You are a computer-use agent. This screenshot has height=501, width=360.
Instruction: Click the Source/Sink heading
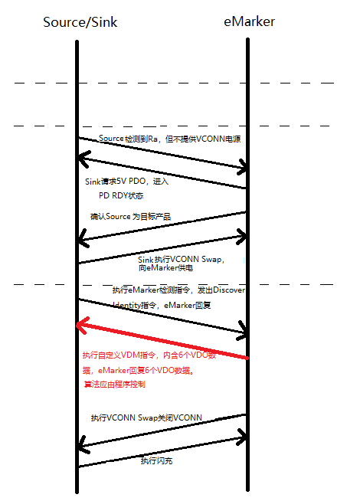(80, 22)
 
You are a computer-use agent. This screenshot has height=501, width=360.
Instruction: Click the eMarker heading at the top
(249, 21)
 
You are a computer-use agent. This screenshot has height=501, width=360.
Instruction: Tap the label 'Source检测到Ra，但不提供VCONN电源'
(169, 139)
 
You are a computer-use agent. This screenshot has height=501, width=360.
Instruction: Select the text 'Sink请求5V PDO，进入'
(126, 182)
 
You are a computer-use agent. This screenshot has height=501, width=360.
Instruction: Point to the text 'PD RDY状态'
(121, 195)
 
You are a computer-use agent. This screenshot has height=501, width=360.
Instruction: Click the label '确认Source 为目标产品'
(130, 217)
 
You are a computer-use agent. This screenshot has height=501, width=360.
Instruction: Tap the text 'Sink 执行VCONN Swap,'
(181, 259)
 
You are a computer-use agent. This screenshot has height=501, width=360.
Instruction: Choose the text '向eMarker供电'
(165, 268)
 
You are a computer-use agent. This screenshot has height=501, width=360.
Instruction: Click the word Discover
(229, 290)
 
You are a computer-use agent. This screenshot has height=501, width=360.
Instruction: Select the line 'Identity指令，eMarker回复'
(162, 305)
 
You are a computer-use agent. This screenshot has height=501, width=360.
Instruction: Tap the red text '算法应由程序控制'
(115, 384)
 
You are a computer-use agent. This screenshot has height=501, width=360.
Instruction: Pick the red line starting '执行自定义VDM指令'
(149, 355)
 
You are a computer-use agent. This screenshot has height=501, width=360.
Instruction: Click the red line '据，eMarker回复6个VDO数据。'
(138, 370)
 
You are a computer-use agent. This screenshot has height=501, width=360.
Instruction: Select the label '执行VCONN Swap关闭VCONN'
(146, 417)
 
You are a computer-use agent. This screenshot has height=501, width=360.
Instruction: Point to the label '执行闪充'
(156, 460)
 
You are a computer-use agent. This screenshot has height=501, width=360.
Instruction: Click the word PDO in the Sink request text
(137, 182)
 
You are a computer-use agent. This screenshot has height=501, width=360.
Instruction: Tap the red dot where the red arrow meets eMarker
(247, 359)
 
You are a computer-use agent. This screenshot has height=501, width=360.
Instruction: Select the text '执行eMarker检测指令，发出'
(162, 290)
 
